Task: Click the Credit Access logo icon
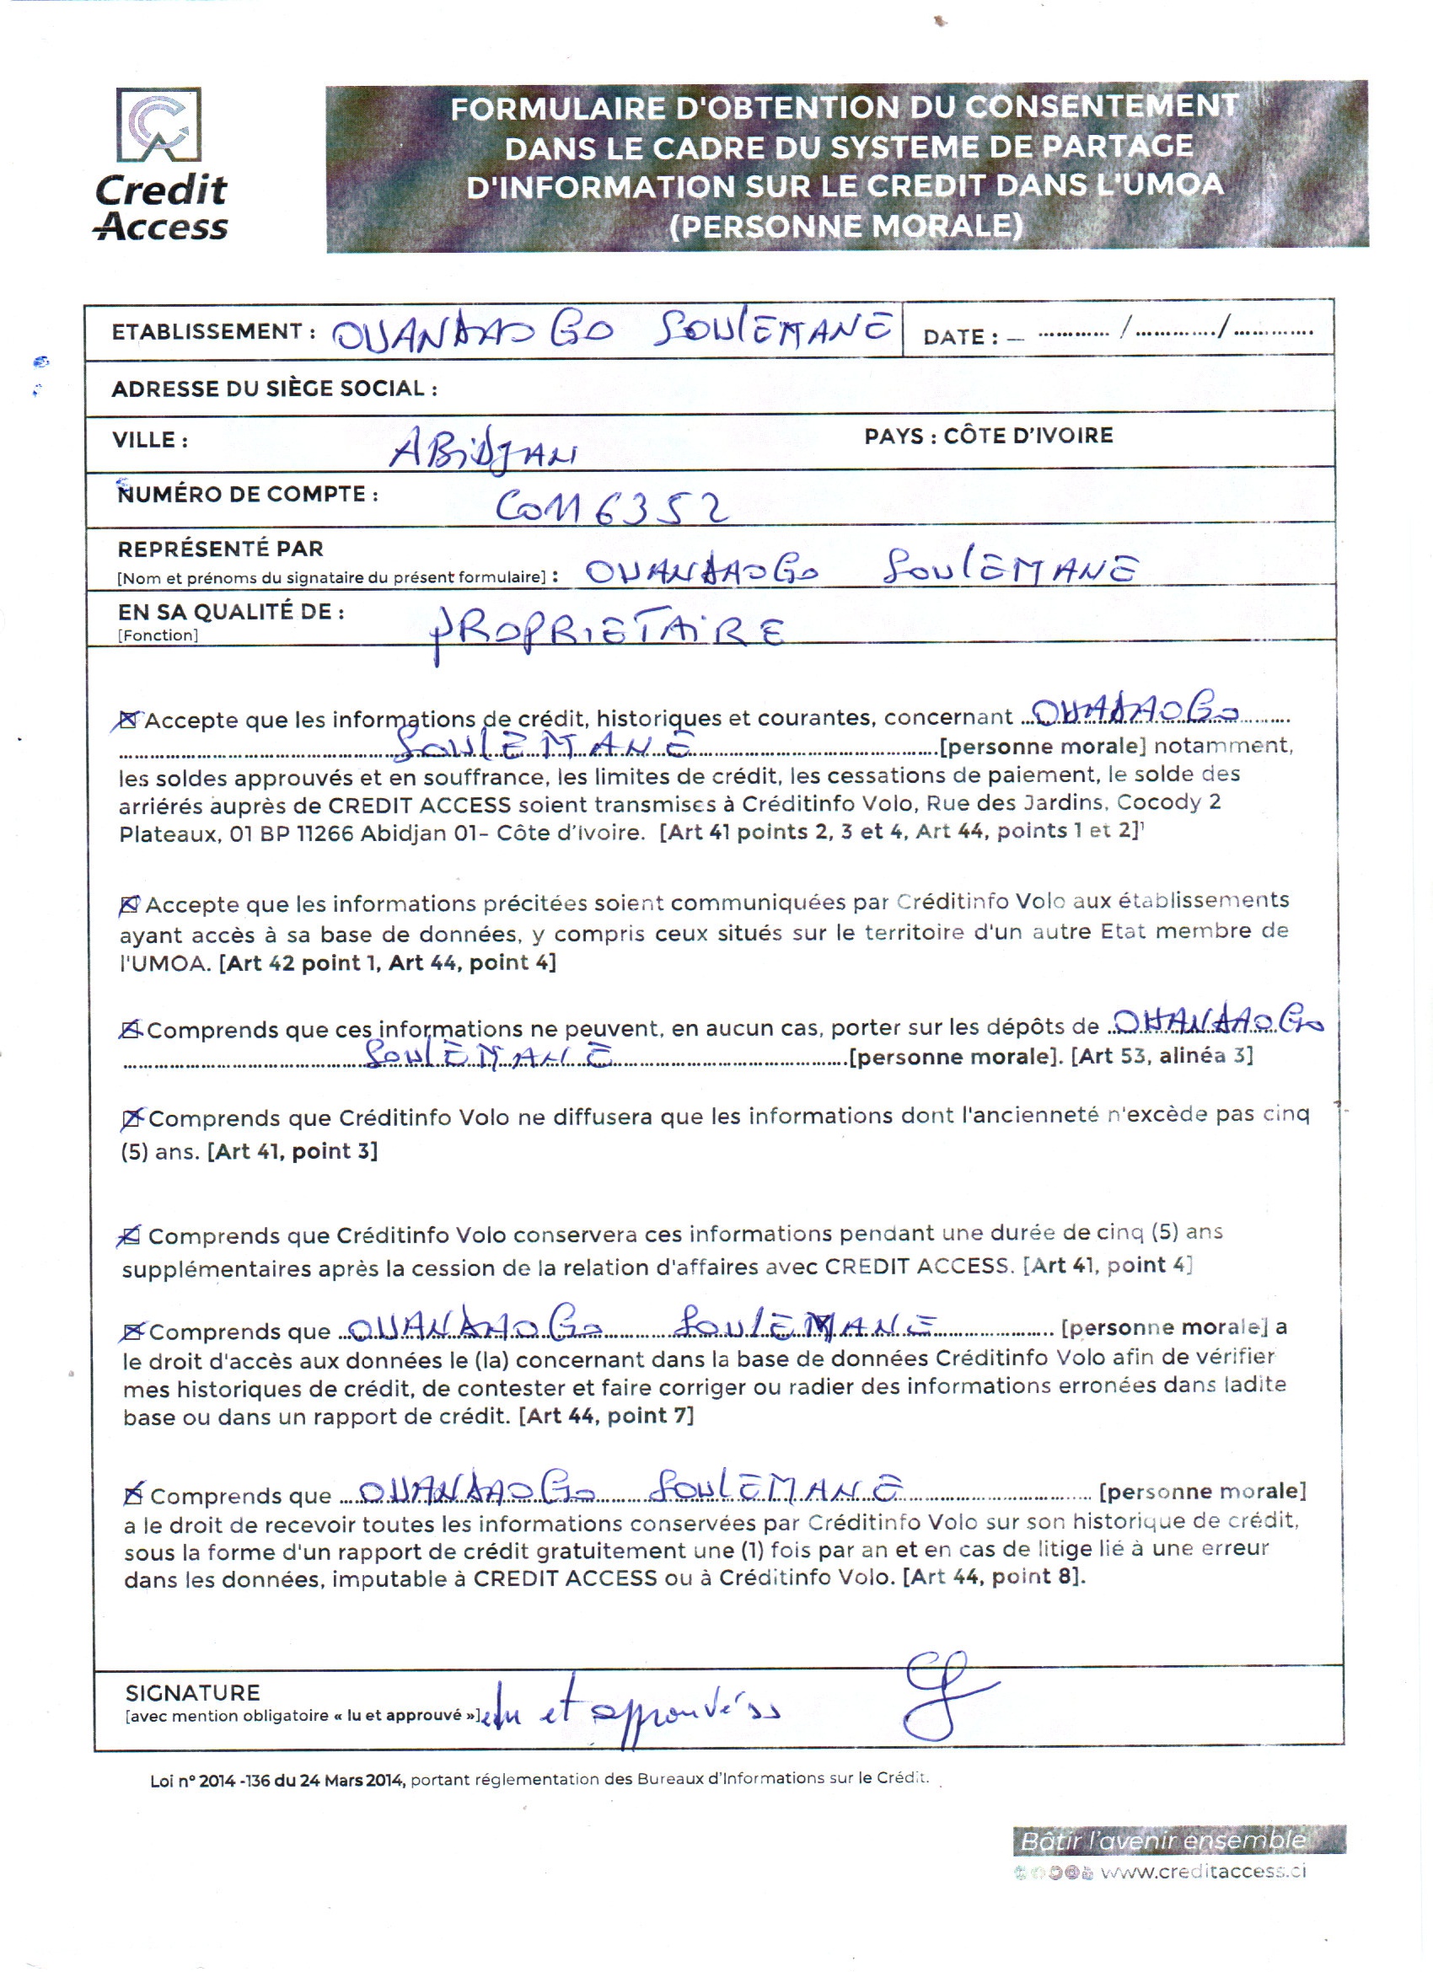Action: pyautogui.click(x=159, y=125)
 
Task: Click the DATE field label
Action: pyautogui.click(x=960, y=337)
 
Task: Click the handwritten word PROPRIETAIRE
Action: pyautogui.click(x=609, y=633)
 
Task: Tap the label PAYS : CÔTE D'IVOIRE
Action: pyautogui.click(x=988, y=436)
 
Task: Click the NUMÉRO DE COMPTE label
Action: pyautogui.click(x=247, y=494)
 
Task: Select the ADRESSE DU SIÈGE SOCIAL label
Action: pyautogui.click(x=274, y=389)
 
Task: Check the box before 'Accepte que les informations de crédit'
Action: pyautogui.click(x=129, y=720)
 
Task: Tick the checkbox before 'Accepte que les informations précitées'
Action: pyautogui.click(x=130, y=905)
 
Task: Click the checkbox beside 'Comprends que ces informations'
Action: pyautogui.click(x=131, y=1031)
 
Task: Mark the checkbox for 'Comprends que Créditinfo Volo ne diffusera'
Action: pyautogui.click(x=132, y=1119)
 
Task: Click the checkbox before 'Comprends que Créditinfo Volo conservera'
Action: pyautogui.click(x=131, y=1235)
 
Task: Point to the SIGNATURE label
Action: pyautogui.click(x=192, y=1693)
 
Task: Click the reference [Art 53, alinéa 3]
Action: pyautogui.click(x=1162, y=1056)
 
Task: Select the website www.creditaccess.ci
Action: pyautogui.click(x=1203, y=1871)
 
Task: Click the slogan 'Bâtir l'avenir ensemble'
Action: pyautogui.click(x=1162, y=1841)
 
